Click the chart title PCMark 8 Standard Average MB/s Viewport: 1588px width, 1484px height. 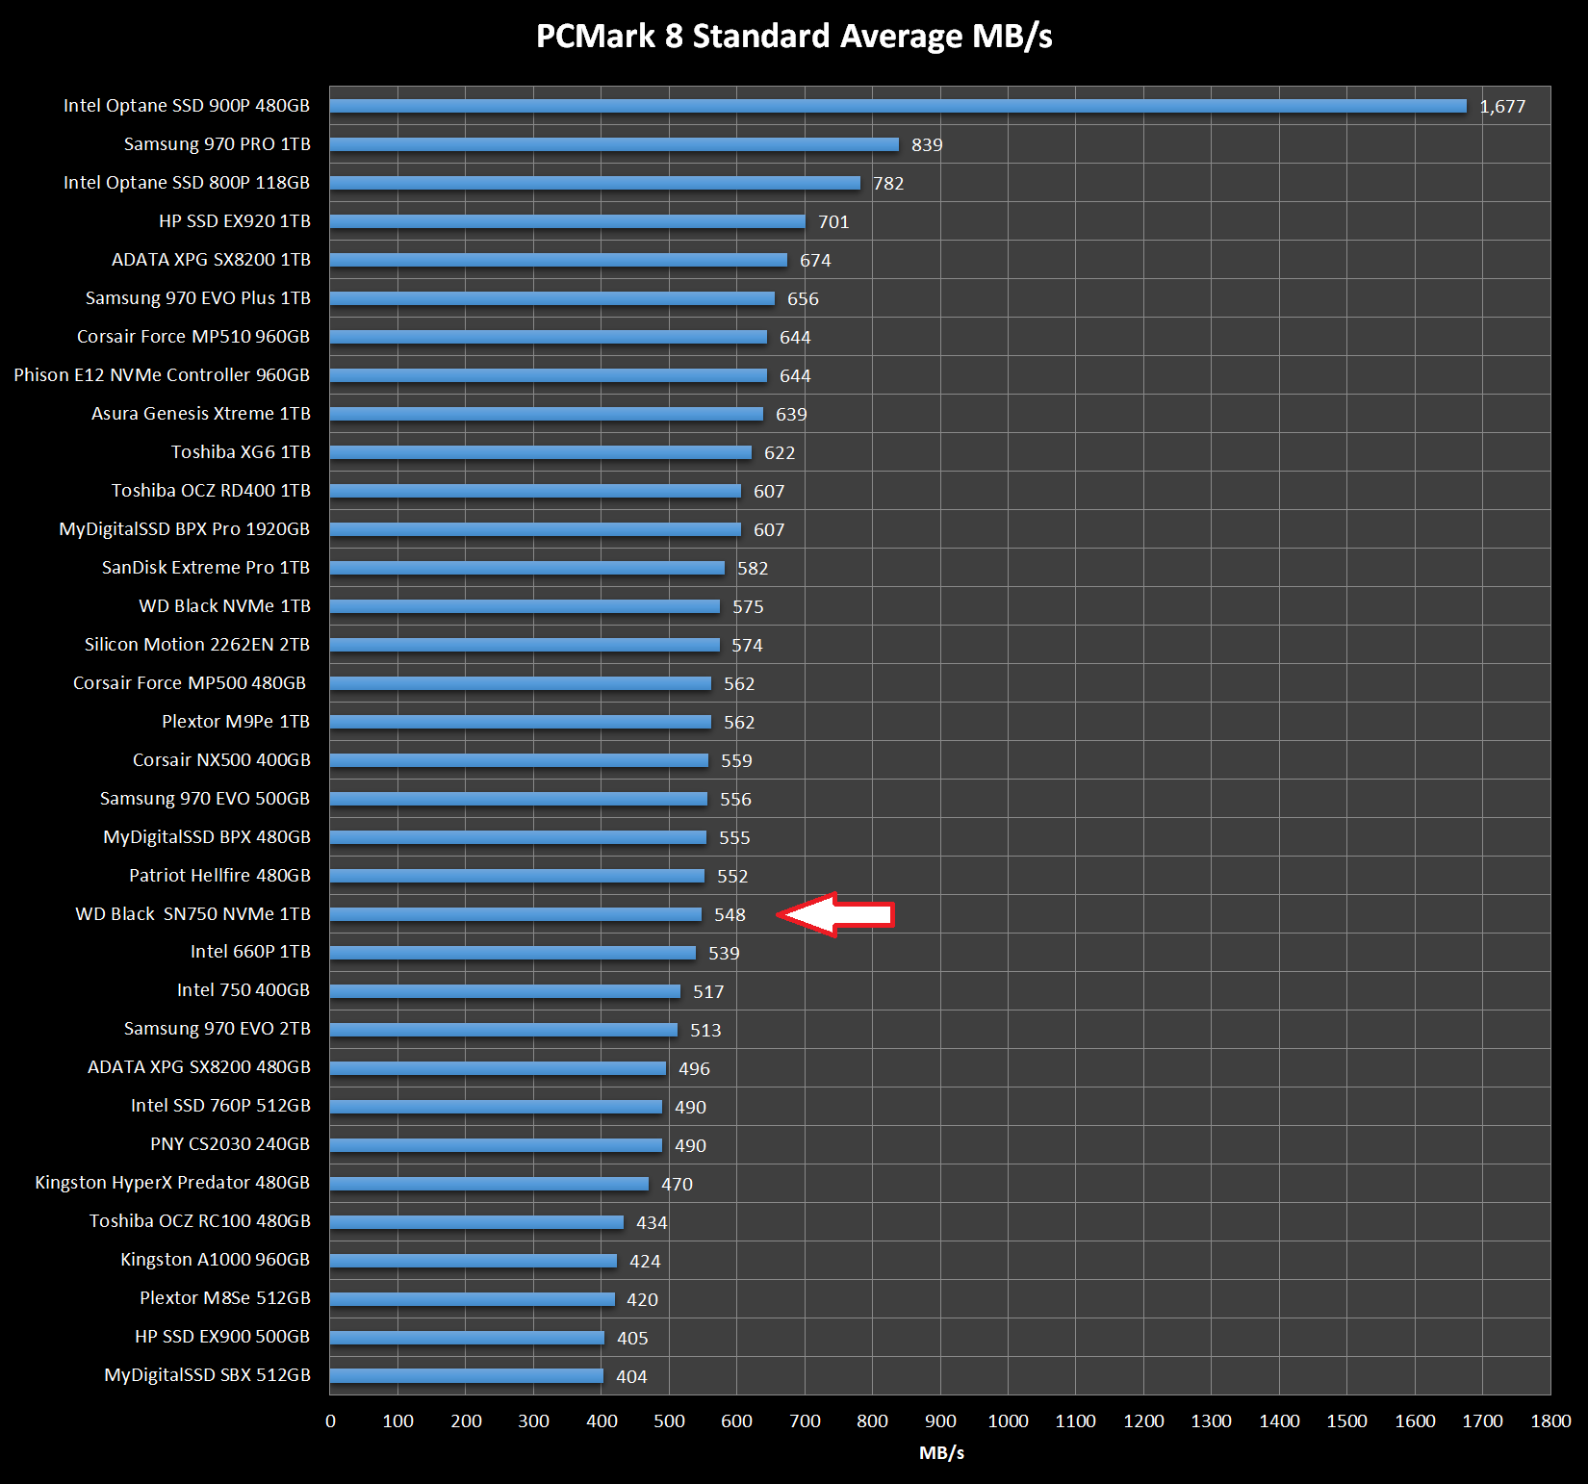click(794, 37)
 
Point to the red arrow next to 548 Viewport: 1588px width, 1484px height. click(835, 914)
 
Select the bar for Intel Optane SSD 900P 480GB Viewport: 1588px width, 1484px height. click(898, 106)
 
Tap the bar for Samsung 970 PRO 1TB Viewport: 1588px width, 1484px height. click(614, 144)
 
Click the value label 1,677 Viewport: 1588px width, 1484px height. click(1502, 107)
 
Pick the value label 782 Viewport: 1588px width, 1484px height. click(888, 184)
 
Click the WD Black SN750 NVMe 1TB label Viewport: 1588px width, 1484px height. click(192, 913)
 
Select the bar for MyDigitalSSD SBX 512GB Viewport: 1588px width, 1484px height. click(467, 1376)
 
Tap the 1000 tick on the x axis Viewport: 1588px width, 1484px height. click(1008, 1421)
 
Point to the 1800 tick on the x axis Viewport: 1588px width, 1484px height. click(1550, 1421)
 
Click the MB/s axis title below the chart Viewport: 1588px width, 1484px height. click(941, 1453)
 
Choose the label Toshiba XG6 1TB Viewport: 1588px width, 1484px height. click(241, 452)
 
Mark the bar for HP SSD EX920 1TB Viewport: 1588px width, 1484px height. click(568, 221)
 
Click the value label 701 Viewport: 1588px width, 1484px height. click(833, 222)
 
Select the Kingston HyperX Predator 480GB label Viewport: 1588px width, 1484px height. click(172, 1183)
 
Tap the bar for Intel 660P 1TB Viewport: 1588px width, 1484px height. click(513, 953)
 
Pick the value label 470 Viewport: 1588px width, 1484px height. click(677, 1185)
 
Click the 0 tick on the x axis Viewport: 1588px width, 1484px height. click(330, 1421)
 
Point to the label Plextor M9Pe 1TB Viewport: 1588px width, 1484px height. click(236, 722)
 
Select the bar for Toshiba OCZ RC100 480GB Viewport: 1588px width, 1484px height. click(476, 1222)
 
